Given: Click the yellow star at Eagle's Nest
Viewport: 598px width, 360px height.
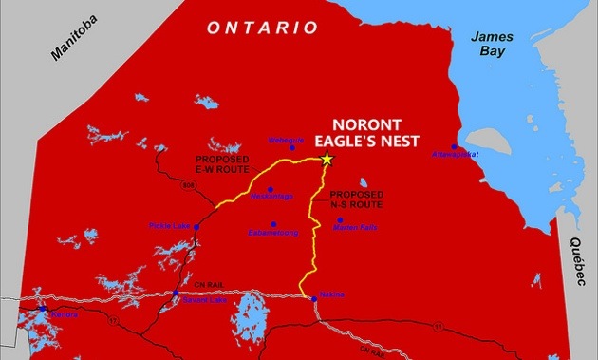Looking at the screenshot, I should click(327, 159).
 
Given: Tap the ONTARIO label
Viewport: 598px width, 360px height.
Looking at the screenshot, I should click(263, 28).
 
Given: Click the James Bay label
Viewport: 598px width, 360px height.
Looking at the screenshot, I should click(493, 43).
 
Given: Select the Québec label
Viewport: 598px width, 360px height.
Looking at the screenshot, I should click(576, 260).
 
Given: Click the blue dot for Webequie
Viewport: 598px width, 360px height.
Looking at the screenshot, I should click(291, 147).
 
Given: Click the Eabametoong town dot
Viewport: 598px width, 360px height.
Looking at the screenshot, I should click(273, 225).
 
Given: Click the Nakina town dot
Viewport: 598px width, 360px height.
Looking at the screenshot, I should click(314, 299).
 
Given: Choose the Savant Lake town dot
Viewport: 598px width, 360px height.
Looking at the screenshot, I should click(177, 294).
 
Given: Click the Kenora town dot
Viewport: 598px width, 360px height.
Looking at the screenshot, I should click(41, 309).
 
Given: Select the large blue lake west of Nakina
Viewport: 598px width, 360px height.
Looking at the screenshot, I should click(249, 309).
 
